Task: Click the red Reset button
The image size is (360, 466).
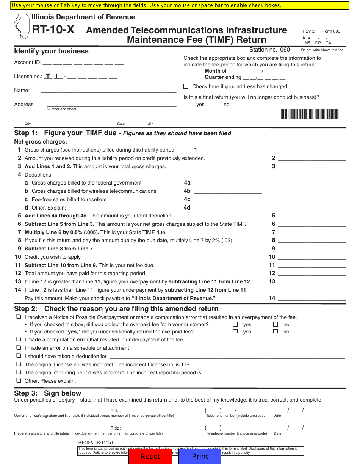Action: (x=150, y=457)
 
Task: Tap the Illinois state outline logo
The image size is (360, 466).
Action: (x=22, y=27)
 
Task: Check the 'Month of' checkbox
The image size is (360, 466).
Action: (x=193, y=71)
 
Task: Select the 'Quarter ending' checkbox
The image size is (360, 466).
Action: (x=193, y=77)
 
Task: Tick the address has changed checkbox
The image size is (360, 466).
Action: (x=186, y=86)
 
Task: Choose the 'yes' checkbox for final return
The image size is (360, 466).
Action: (x=193, y=104)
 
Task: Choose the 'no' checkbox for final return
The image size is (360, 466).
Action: (x=220, y=104)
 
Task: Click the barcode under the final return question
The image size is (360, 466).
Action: (x=310, y=114)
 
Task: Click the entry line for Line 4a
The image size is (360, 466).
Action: (x=227, y=183)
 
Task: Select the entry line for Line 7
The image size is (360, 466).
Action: (x=312, y=232)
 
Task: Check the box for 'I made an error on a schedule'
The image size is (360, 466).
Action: (x=18, y=348)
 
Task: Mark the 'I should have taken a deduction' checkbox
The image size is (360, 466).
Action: (x=18, y=356)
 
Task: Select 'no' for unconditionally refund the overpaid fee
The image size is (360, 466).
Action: (x=275, y=332)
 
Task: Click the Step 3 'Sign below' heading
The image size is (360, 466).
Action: (x=48, y=393)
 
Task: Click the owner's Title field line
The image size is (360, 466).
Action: (x=161, y=410)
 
